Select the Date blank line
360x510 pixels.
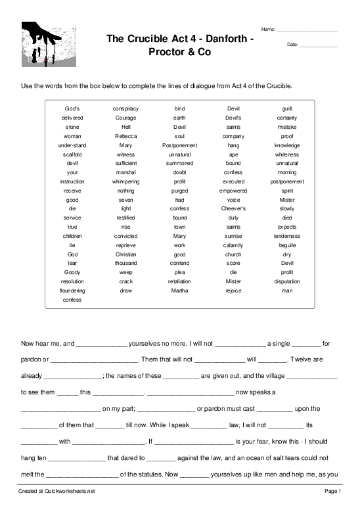318,46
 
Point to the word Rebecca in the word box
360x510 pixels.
125,135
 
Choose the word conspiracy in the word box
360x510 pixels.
125,108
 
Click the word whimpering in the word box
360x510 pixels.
125,181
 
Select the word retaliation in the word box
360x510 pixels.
179,281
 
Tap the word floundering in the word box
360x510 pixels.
72,290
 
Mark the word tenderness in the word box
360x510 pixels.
287,235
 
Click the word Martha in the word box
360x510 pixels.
179,290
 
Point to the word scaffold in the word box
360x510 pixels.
72,154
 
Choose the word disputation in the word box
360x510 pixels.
287,281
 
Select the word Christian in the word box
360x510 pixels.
125,254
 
